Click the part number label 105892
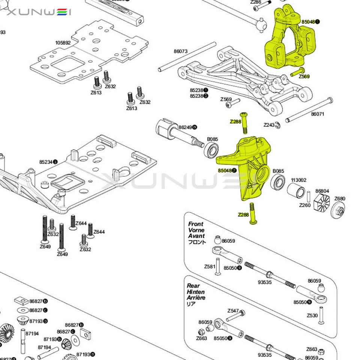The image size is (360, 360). (x=63, y=43)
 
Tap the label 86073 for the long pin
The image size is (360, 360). (x=181, y=51)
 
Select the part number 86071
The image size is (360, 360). (x=318, y=114)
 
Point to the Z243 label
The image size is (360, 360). (x=269, y=125)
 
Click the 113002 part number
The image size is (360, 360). (x=299, y=180)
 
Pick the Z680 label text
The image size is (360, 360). (x=340, y=199)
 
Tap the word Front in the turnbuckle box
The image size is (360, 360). (x=196, y=224)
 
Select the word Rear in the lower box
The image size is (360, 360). (x=194, y=286)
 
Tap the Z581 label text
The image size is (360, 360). (x=210, y=267)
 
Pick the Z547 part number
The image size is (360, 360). (x=233, y=311)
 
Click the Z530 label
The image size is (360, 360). (x=312, y=315)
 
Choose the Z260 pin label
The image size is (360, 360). (x=304, y=205)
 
